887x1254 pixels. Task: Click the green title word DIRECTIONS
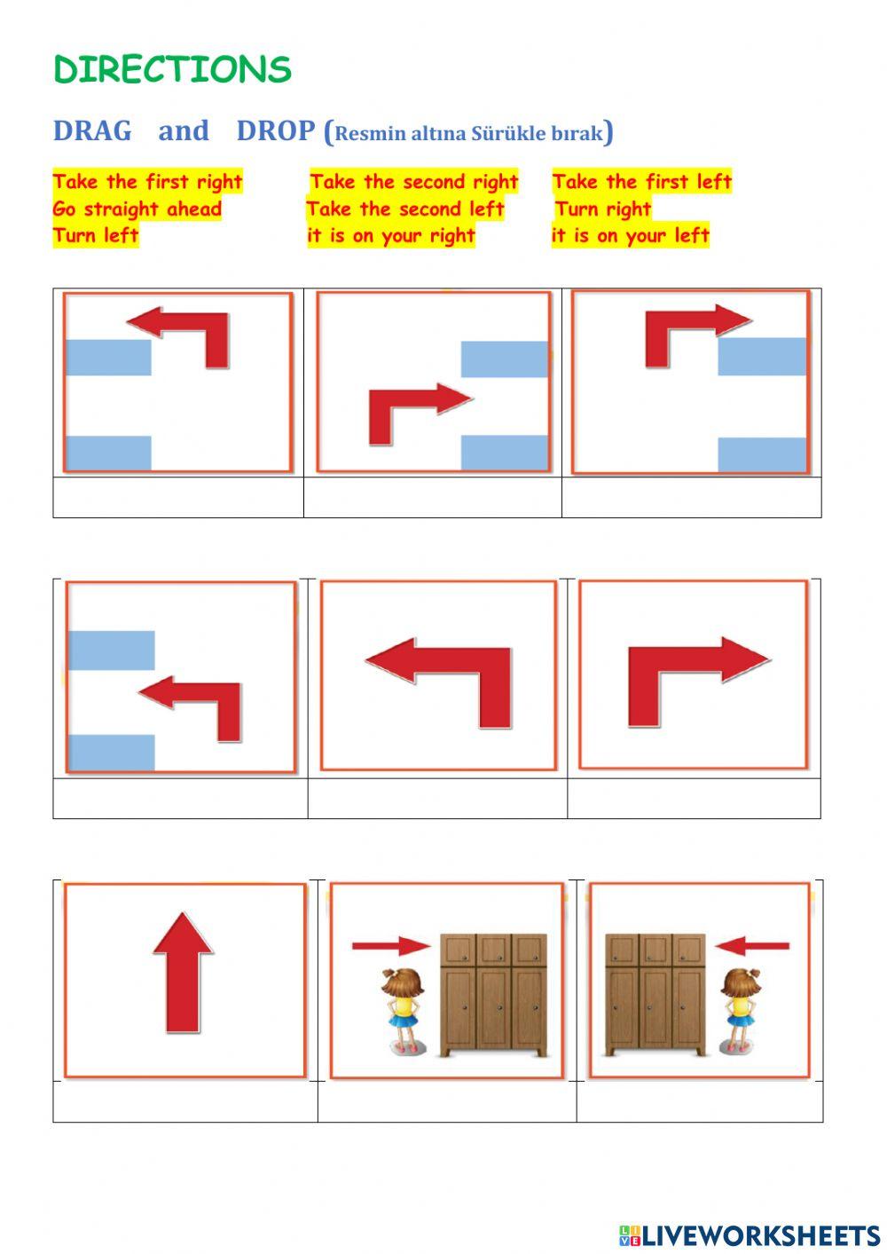[x=172, y=70]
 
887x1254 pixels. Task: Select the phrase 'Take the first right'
[x=147, y=182]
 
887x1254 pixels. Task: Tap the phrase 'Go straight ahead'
[x=137, y=209]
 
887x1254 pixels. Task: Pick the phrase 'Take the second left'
[x=405, y=209]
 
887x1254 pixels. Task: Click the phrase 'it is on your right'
[x=391, y=236]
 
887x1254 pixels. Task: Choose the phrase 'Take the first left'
[x=642, y=182]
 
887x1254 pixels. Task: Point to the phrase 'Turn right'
[x=603, y=209]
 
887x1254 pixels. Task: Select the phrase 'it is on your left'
[x=631, y=236]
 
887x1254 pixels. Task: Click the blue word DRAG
[x=92, y=131]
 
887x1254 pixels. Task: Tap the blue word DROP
[x=276, y=131]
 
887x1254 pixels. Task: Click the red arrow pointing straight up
[x=183, y=972]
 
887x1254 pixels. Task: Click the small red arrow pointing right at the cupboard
[x=390, y=946]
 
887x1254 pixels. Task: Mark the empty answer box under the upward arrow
[x=184, y=1101]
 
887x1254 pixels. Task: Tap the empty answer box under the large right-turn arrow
[x=694, y=799]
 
